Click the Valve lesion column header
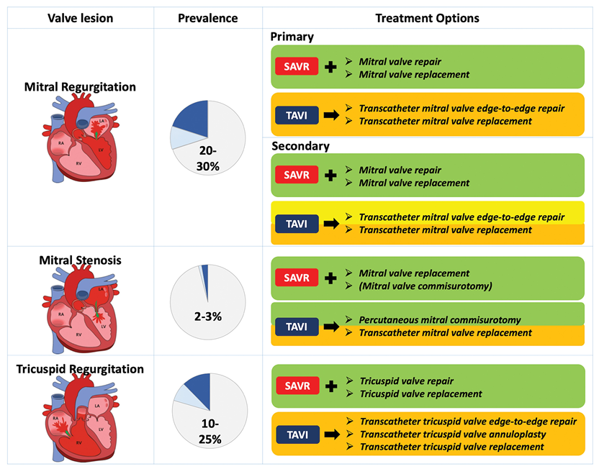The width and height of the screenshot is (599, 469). (x=79, y=18)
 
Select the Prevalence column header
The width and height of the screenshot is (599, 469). (x=207, y=18)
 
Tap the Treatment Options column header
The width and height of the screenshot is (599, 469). (x=427, y=18)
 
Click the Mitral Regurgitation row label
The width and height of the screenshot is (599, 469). (x=80, y=87)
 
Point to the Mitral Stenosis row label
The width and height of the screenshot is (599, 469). (x=80, y=260)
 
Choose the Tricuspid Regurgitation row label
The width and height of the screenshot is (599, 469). (x=80, y=370)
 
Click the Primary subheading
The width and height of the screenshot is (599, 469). (x=292, y=37)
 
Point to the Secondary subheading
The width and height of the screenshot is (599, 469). (x=300, y=146)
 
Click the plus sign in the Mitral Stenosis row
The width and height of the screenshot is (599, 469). (x=330, y=279)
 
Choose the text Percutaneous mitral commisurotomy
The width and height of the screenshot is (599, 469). (x=441, y=319)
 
